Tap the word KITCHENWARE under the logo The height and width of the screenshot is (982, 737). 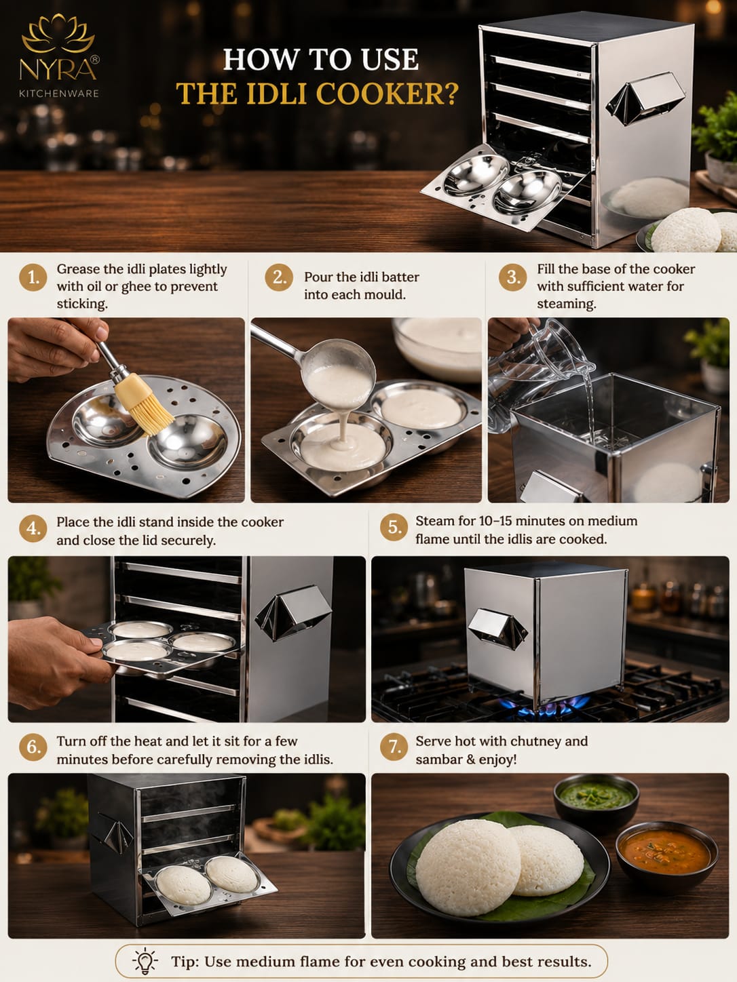click(x=58, y=94)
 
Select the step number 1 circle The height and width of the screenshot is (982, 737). click(x=33, y=278)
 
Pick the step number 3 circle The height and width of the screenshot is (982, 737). click(x=513, y=277)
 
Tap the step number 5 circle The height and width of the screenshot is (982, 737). click(x=394, y=527)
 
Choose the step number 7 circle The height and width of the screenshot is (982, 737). click(x=394, y=747)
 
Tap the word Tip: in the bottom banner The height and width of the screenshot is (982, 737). click(x=185, y=961)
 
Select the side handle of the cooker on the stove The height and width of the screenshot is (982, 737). click(x=497, y=627)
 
